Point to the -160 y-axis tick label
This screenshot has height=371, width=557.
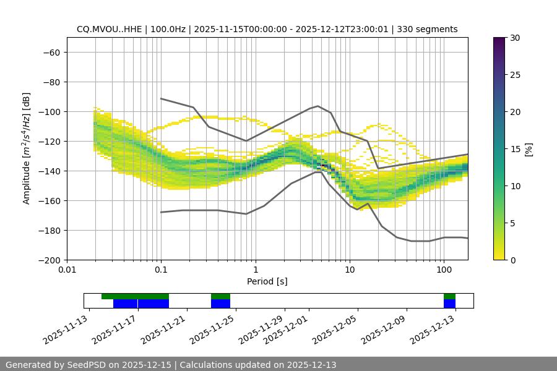pos(50,201)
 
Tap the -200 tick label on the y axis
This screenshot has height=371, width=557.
pos(50,260)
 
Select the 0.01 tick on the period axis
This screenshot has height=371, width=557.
pos(67,260)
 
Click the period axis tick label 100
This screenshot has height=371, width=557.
pos(444,270)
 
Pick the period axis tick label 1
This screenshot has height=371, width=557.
pos(256,270)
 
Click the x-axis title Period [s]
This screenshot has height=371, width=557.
pos(267,281)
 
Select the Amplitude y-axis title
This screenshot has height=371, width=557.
pos(26,148)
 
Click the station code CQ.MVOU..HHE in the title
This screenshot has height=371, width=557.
pos(108,29)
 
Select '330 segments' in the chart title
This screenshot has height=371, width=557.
pos(427,29)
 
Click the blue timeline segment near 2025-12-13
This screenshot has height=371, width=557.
pos(449,304)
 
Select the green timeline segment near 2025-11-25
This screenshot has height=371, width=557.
pos(220,296)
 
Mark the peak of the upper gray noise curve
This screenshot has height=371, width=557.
pos(318,106)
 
